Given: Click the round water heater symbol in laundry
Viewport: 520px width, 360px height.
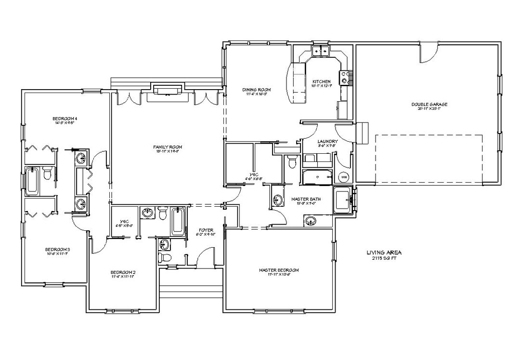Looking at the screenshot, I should (344, 177).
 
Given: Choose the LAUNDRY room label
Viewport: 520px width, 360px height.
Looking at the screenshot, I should (327, 141).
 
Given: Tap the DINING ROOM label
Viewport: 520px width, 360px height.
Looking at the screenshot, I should (256, 90).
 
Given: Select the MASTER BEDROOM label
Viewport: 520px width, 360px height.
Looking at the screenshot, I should (279, 270).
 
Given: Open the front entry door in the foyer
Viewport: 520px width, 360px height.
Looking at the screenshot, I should (206, 255).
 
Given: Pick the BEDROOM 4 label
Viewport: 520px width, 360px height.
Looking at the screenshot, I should (65, 119).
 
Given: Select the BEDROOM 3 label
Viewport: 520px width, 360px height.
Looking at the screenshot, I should (58, 249).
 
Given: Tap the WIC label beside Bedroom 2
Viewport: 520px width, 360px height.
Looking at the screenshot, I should (120, 222).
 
